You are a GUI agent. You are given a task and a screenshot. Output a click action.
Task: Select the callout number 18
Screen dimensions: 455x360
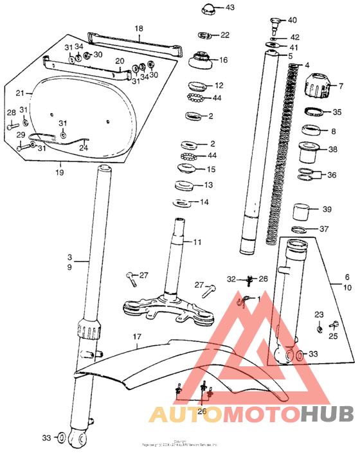click(138, 29)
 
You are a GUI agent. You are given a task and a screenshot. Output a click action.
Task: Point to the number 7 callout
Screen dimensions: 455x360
click(341, 85)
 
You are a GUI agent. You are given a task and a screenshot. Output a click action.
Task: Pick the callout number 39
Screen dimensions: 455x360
click(327, 210)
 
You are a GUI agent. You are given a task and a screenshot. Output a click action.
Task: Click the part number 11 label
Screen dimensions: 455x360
click(197, 242)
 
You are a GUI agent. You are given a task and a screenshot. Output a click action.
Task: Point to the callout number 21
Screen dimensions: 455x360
click(20, 93)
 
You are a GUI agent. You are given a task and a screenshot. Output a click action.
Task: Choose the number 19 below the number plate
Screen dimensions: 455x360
click(59, 172)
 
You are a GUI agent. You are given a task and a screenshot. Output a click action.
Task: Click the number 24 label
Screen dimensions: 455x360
click(83, 147)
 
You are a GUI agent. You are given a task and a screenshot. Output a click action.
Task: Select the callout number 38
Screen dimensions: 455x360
click(332, 150)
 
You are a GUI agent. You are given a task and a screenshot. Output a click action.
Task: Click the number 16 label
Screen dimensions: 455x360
click(223, 60)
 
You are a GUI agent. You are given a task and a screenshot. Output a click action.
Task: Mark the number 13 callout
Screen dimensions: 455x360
click(208, 185)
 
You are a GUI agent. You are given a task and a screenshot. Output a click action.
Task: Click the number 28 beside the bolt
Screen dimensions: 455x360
click(11, 113)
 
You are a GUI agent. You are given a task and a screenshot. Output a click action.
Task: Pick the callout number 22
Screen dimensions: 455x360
click(224, 35)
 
